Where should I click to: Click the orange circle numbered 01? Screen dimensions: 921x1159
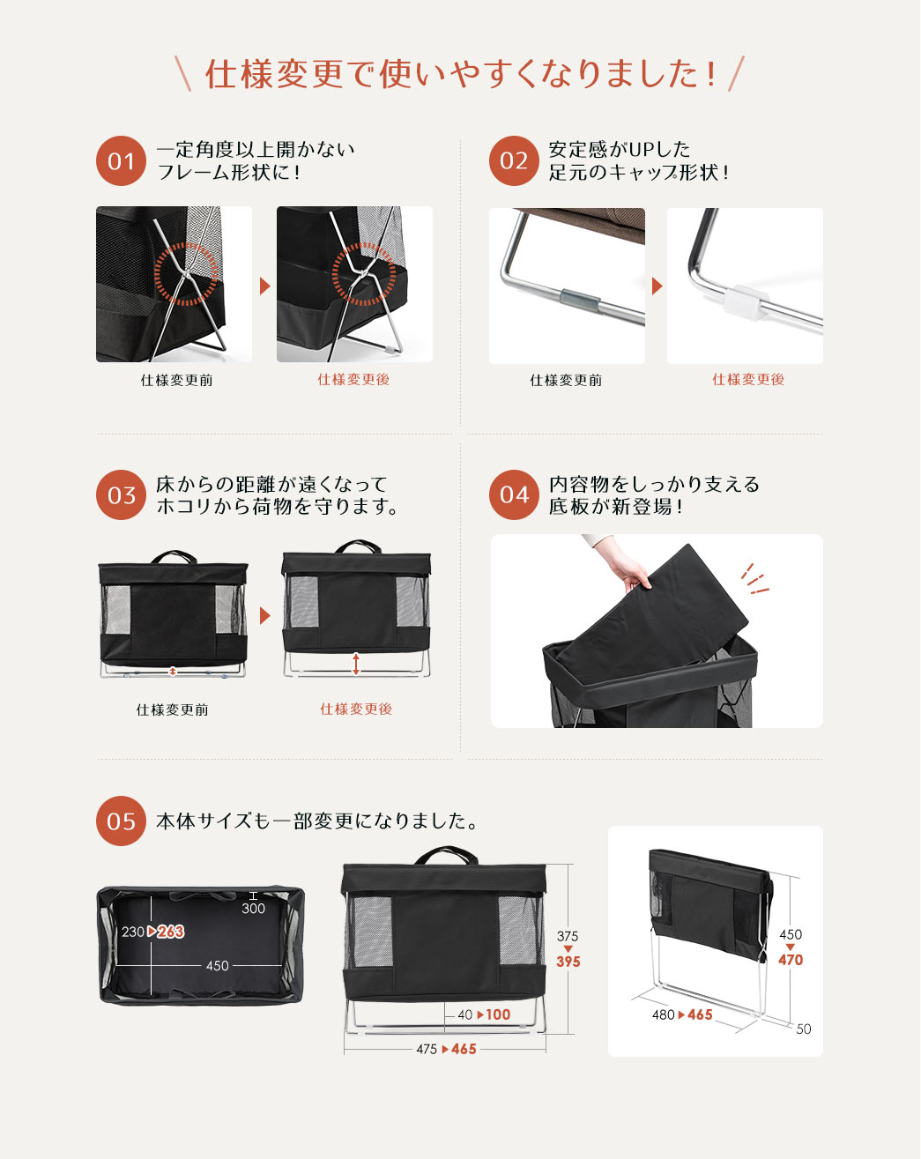coord(122,161)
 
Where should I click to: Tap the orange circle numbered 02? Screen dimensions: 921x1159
coord(514,161)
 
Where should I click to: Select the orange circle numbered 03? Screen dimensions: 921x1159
coord(122,495)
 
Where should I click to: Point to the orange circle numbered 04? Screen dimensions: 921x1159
coord(514,495)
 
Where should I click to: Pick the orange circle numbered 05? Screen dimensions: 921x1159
coord(122,821)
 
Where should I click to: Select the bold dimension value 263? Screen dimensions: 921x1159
coord(171,932)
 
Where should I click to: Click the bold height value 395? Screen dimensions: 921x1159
coord(568,962)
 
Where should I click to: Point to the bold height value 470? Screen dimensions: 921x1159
coord(790,960)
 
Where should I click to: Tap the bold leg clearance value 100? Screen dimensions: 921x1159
coord(498,1014)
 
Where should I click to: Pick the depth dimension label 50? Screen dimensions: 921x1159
coord(804,1029)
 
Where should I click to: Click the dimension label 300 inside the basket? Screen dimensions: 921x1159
coord(253,909)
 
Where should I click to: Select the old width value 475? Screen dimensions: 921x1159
coord(427,1049)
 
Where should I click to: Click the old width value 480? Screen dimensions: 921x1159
coord(663,1014)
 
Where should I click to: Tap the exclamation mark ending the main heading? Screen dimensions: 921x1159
coord(712,74)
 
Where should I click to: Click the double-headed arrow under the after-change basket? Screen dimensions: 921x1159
coord(356,664)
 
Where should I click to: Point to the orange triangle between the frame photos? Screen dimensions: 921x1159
coord(264,286)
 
